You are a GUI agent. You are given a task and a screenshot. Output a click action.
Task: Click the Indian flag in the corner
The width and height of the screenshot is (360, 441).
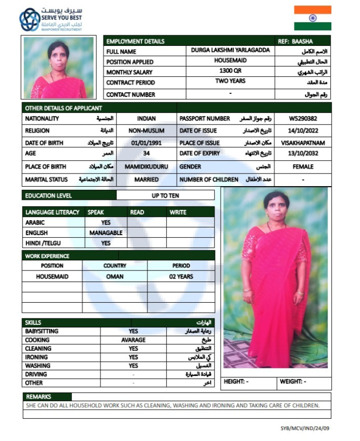click(313, 18)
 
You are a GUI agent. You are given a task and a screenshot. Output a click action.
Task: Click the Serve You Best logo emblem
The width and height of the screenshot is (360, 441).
click(29, 19)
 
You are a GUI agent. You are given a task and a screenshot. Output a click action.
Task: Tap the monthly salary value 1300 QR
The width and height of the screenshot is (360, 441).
click(230, 71)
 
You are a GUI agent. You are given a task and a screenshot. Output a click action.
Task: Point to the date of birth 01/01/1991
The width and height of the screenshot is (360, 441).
click(146, 143)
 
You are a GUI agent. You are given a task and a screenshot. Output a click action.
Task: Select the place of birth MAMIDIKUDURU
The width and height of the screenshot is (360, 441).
click(146, 167)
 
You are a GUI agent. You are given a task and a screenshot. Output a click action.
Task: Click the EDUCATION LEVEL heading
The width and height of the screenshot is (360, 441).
click(48, 195)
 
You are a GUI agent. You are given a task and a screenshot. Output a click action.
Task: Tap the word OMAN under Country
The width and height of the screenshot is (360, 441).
click(115, 277)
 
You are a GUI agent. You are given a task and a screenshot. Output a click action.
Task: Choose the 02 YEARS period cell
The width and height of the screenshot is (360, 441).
click(181, 277)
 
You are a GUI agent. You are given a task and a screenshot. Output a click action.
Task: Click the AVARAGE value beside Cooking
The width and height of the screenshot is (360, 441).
click(133, 340)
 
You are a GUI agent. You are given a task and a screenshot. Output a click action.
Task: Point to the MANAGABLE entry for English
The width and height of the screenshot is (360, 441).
click(106, 233)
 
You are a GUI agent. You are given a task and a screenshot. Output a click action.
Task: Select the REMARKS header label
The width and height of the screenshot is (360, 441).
click(39, 397)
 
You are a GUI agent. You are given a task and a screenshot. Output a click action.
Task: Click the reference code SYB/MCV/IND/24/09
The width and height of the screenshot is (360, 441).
click(304, 428)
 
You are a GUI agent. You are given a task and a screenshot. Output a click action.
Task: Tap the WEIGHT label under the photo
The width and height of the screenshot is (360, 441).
click(290, 382)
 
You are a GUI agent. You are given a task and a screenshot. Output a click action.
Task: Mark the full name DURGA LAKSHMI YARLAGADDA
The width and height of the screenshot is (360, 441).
click(230, 50)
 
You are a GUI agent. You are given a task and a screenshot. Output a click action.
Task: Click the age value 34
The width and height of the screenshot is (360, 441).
click(146, 154)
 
